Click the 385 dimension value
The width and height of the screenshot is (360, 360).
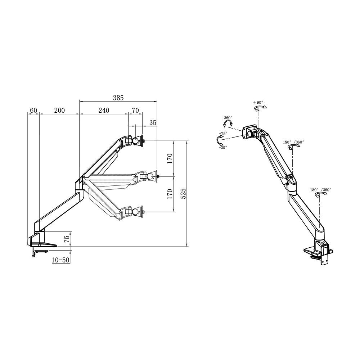pyautogui.click(x=118, y=98)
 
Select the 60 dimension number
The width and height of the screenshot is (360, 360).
pyautogui.click(x=33, y=111)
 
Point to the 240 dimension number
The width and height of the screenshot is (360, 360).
pyautogui.click(x=103, y=111)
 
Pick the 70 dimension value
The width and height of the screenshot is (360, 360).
pyautogui.click(x=135, y=111)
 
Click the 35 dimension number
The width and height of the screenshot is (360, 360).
pyautogui.click(x=153, y=122)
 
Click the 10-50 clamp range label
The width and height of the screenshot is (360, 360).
pyautogui.click(x=60, y=260)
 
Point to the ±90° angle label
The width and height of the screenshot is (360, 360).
pyautogui.click(x=258, y=102)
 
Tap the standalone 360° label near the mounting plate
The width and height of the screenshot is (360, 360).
pyautogui.click(x=228, y=118)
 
